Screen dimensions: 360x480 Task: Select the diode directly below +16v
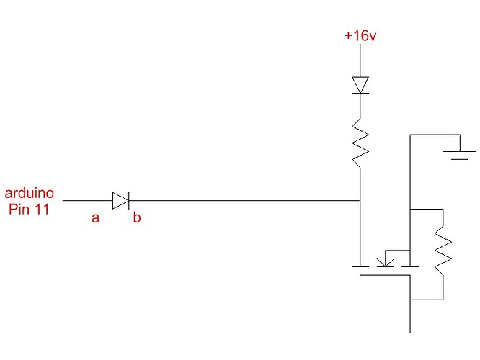tap(360, 85)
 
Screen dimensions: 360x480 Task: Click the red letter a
tap(95, 218)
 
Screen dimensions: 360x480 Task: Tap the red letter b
tap(136, 218)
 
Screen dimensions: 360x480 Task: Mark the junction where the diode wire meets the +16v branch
tap(360, 200)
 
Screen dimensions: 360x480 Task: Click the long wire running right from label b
tap(245, 200)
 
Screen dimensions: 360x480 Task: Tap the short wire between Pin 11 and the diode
tap(86, 200)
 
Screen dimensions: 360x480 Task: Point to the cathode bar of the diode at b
tap(128, 200)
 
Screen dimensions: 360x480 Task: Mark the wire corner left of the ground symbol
tap(410, 135)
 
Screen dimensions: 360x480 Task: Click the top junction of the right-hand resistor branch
tap(410, 209)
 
